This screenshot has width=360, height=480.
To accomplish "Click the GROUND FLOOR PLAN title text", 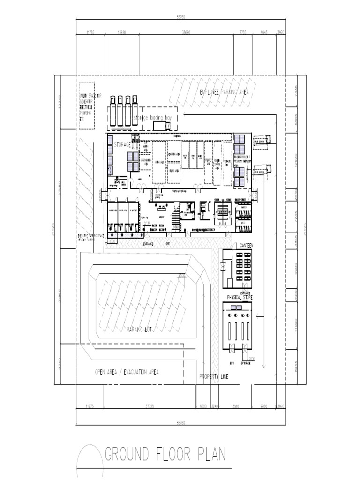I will pos(165,454).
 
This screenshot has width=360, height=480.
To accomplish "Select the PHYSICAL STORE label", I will pos(240,298).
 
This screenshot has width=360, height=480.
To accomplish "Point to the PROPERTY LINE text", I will pos(214,377).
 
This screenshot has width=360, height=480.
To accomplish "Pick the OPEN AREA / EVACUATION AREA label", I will pos(127,372).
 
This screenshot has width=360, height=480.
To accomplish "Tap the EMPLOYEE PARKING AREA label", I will pos(224,92).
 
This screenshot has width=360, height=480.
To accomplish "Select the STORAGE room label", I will pos(122,145).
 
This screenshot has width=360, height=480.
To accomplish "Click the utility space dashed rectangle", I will pos(87,106).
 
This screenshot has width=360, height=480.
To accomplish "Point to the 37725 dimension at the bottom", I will pos(150,407).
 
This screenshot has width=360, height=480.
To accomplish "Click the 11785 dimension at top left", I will pos(90,33).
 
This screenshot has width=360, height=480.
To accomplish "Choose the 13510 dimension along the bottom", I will pos(235,407).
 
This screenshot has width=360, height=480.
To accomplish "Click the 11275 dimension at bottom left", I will pos(90,407).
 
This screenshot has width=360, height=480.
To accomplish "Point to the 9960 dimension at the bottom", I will pos(263,407).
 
